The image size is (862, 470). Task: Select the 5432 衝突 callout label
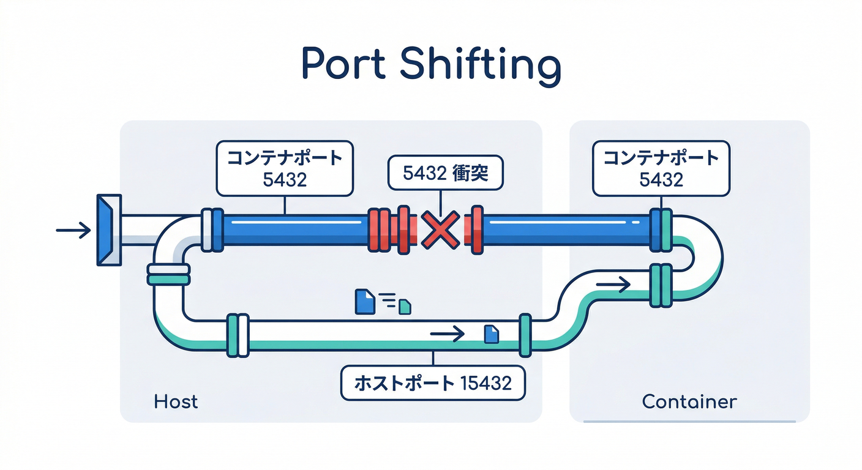[x=445, y=174]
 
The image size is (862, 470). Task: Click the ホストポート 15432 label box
[x=433, y=383]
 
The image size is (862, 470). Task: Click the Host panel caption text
[x=176, y=401]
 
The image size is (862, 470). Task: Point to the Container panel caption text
[x=689, y=401]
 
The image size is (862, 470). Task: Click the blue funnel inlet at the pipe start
[x=109, y=229]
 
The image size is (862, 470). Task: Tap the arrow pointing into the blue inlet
[x=72, y=230]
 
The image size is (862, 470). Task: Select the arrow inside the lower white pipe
[x=448, y=334]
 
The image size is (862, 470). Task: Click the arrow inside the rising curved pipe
[x=613, y=284]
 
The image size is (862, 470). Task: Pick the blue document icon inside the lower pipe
[x=492, y=334]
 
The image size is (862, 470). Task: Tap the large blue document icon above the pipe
[x=364, y=301]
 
